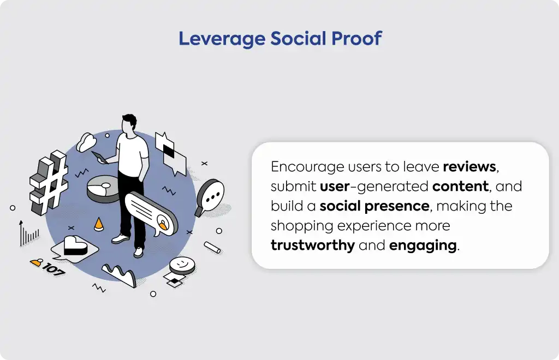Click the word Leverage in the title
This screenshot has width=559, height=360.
(222, 39)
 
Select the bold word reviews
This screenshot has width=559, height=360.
(469, 167)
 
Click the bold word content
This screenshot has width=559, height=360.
(460, 186)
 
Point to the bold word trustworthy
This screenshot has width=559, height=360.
(313, 245)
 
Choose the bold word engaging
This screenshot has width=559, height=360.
(423, 245)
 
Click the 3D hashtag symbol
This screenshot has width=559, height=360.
(49, 182)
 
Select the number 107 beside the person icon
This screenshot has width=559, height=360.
(53, 269)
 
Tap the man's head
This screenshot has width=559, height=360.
(129, 124)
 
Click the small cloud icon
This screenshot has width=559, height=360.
(86, 142)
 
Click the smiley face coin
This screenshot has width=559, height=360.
(182, 265)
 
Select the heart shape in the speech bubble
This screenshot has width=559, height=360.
(75, 245)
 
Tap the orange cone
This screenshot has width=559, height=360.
(98, 224)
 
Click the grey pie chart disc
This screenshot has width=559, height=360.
(104, 188)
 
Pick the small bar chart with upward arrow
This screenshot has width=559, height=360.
(28, 233)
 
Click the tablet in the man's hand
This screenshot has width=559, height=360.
(100, 158)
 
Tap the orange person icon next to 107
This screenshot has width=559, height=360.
(37, 263)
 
